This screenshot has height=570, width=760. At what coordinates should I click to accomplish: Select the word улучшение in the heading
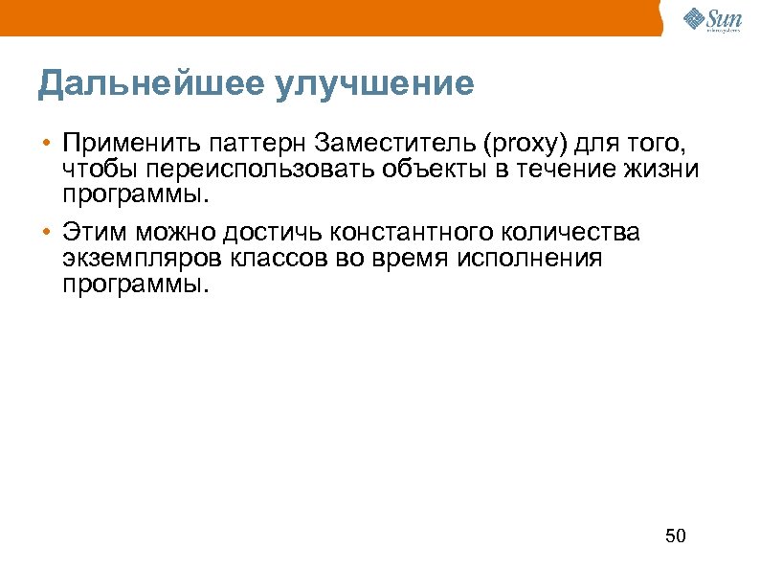[374, 84]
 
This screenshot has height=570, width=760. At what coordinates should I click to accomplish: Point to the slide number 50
[676, 536]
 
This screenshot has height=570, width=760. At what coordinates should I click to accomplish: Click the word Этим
[95, 233]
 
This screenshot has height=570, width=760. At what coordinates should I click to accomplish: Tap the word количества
[584, 233]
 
